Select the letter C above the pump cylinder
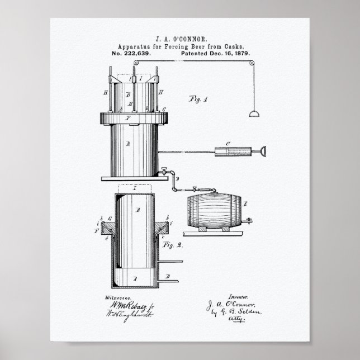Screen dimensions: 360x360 point(228,144)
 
